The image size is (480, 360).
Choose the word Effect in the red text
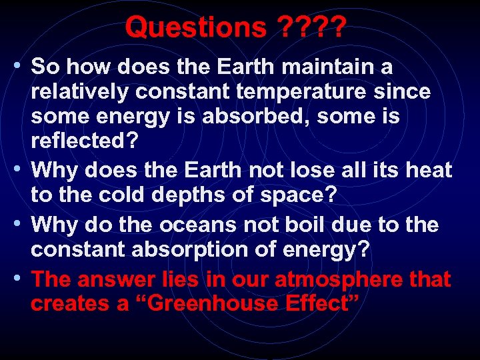[x=321, y=304]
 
